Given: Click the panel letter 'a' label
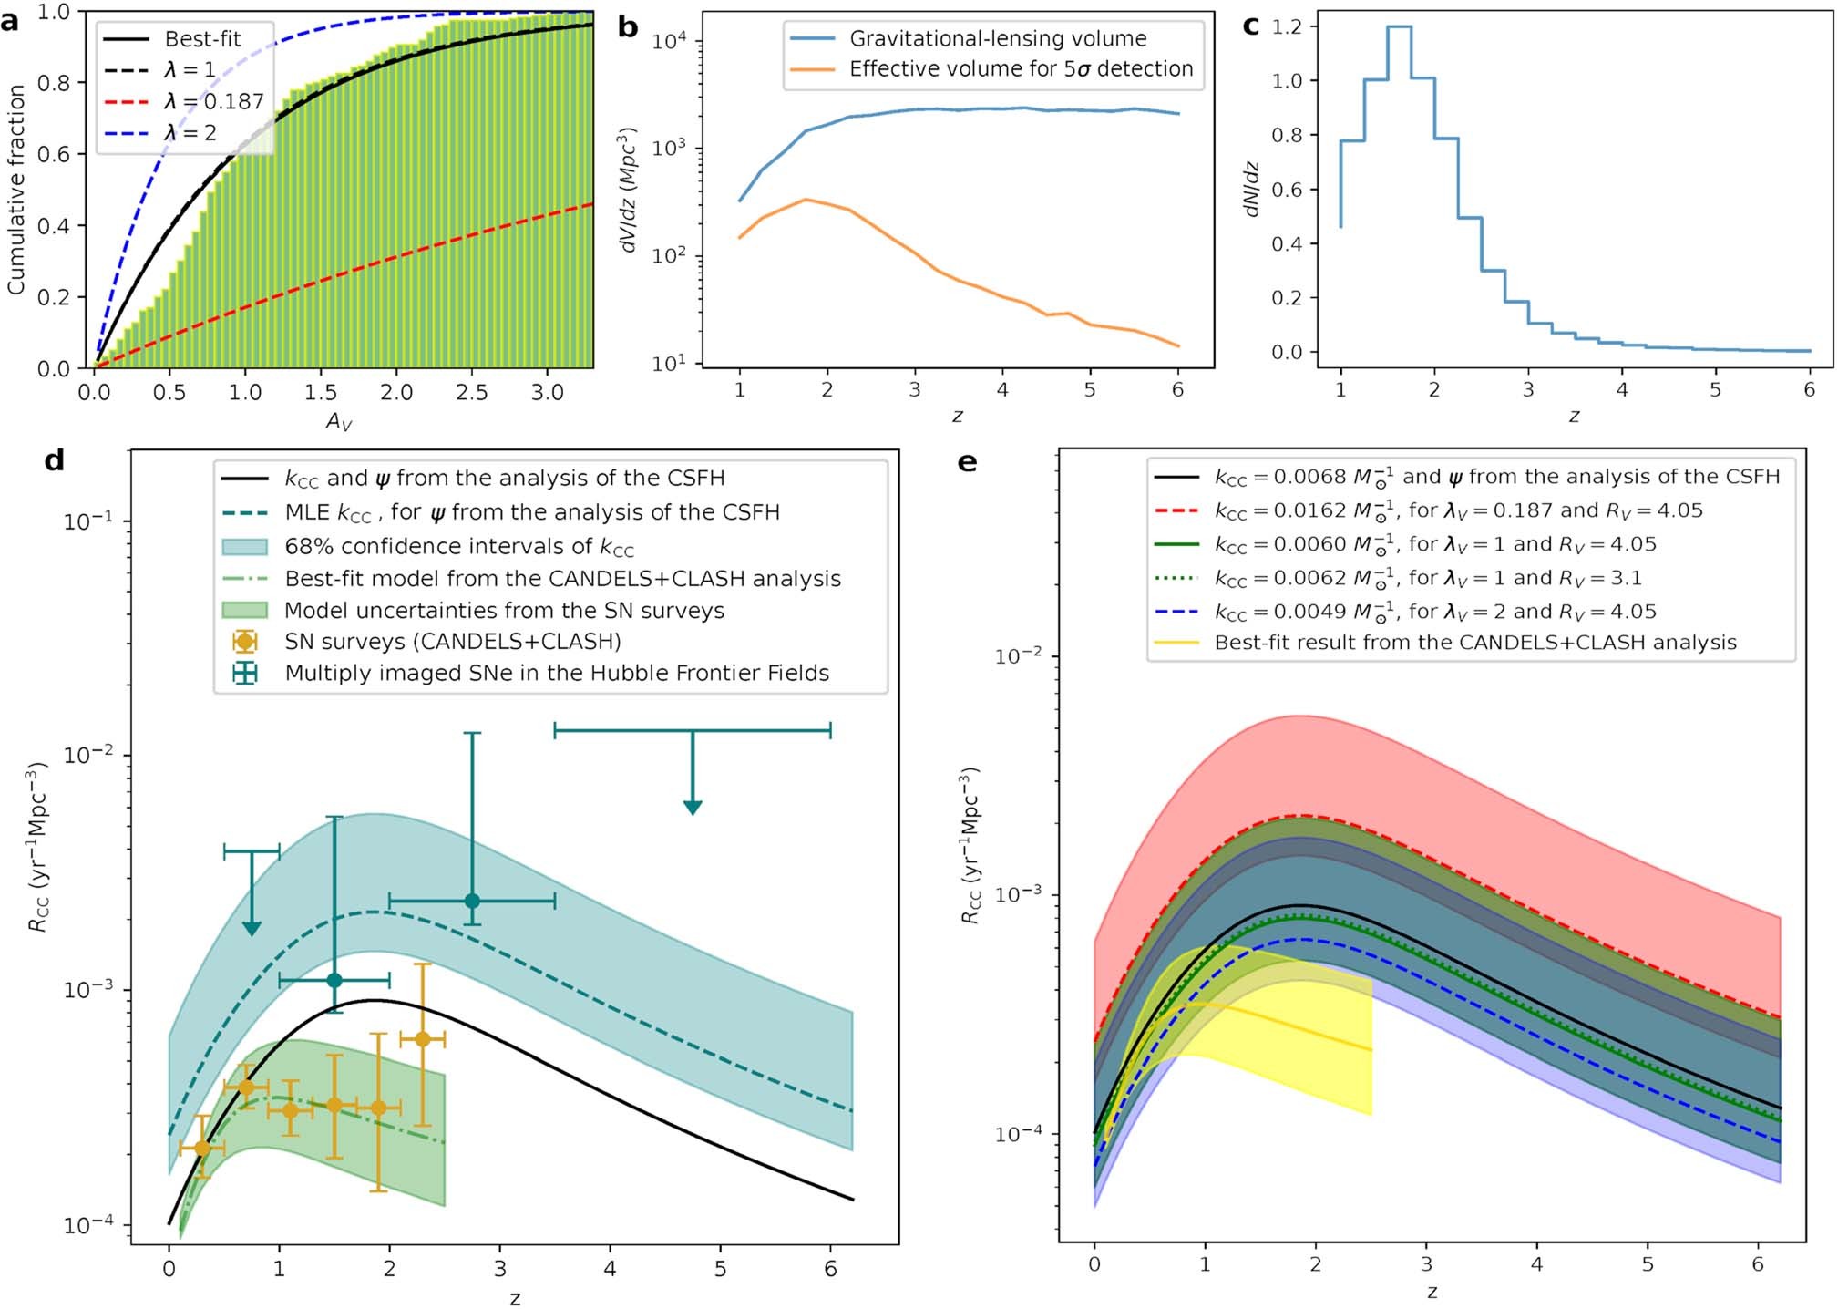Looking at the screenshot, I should (10, 21).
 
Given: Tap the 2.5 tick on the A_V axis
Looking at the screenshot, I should (471, 393).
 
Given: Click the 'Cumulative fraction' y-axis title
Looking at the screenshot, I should (15, 190).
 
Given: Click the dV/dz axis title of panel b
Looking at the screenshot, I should (628, 190).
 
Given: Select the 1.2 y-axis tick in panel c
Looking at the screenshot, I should (1288, 26).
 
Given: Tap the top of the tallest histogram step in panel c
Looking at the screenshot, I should (1399, 27).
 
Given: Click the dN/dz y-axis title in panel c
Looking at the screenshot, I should (1252, 190).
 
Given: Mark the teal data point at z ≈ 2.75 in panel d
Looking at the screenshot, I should (472, 901).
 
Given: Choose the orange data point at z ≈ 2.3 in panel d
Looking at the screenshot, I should (422, 1039).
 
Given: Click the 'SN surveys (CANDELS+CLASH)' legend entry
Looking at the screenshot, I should (452, 642).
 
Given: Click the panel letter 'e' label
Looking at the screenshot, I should (968, 462).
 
